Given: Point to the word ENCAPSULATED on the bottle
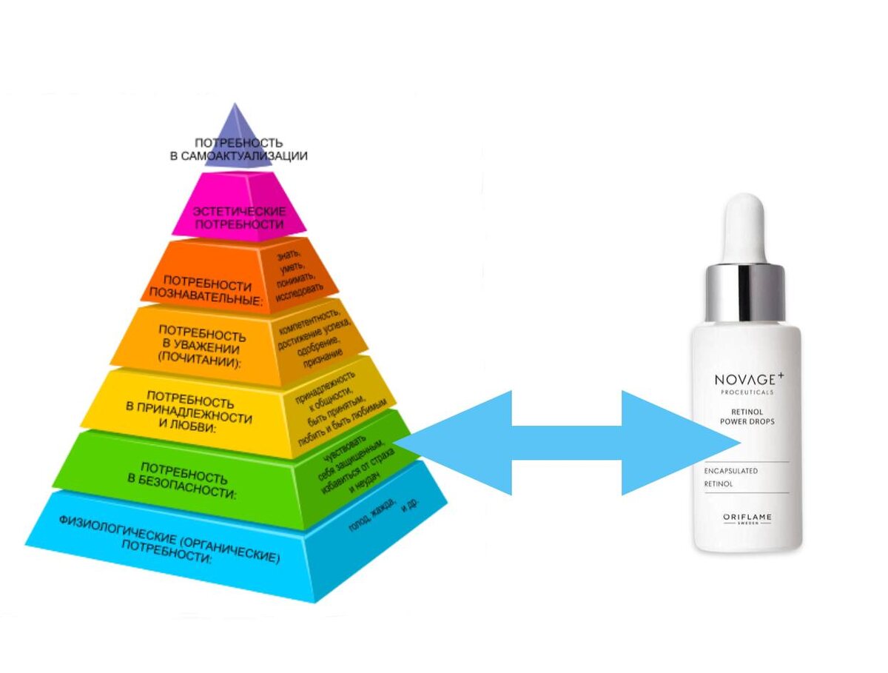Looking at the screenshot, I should (733, 471).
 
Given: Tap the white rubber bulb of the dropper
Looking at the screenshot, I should (746, 226).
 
